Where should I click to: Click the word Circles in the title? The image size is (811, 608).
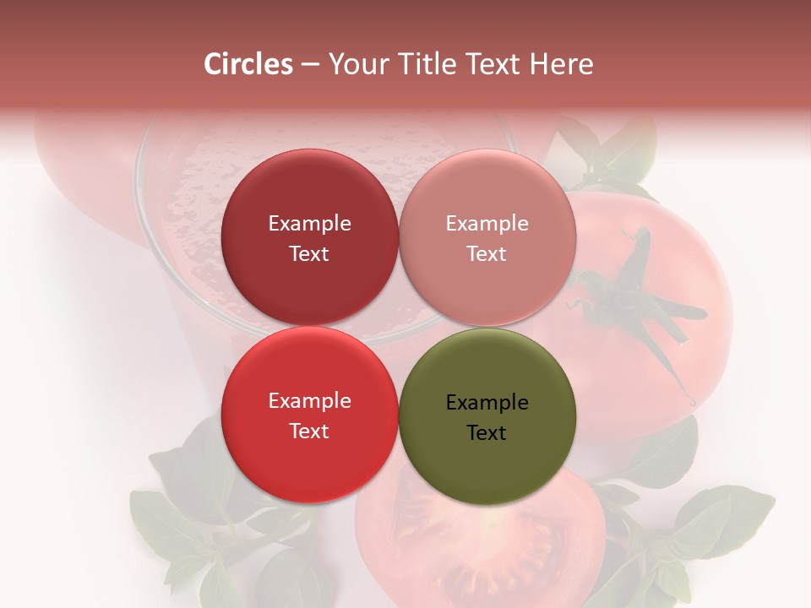click(x=248, y=64)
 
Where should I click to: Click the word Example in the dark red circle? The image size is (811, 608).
click(x=309, y=224)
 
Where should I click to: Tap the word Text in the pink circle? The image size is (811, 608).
click(x=487, y=254)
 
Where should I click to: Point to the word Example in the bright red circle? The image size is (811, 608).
click(x=309, y=401)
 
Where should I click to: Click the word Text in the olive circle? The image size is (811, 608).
click(x=487, y=433)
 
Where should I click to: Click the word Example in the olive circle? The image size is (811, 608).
click(x=487, y=403)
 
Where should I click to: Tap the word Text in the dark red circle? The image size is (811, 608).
click(x=309, y=254)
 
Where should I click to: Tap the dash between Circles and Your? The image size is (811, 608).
click(x=310, y=64)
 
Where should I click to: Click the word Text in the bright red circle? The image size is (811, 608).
click(x=309, y=432)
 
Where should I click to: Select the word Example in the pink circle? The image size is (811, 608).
click(x=487, y=224)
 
